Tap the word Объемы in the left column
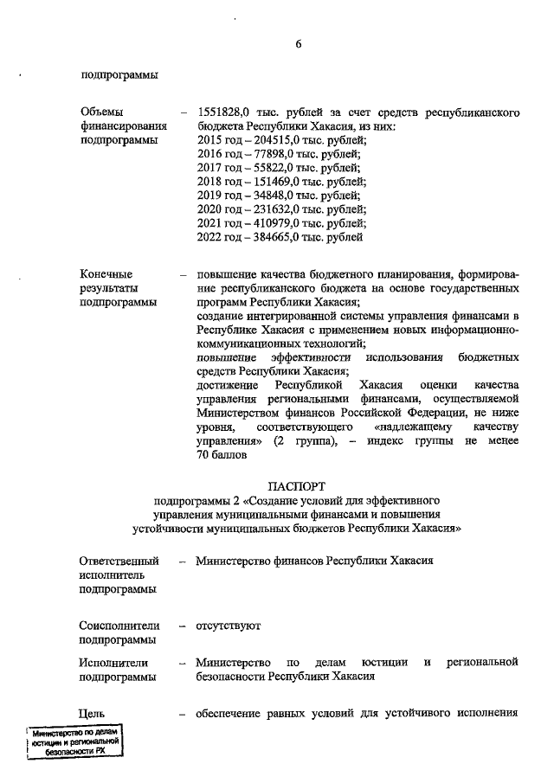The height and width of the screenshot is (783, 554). [x=101, y=112]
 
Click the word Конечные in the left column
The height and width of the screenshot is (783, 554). [x=106, y=274]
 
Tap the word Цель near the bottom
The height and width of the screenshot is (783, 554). [x=93, y=714]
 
